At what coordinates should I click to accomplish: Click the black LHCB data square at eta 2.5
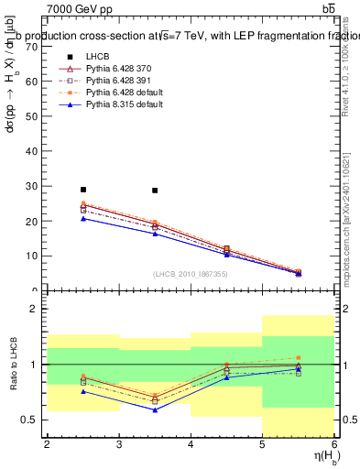[x=83, y=190]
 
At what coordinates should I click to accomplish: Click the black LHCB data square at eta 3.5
[x=155, y=191]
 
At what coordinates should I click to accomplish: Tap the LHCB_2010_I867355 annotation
[x=191, y=274]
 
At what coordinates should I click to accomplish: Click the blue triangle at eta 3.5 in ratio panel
[x=155, y=409]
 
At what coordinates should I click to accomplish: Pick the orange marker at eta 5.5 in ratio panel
[x=298, y=357]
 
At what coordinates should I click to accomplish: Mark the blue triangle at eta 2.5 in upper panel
[x=83, y=218]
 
